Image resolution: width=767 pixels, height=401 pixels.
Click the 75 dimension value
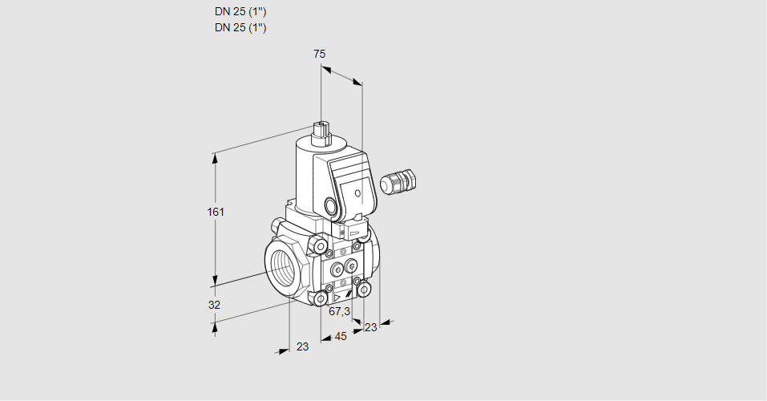pyautogui.click(x=319, y=54)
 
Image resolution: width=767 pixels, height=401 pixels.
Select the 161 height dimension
pyautogui.click(x=216, y=212)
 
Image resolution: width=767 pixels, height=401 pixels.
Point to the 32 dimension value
pyautogui.click(x=214, y=305)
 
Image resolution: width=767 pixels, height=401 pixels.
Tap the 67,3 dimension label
pyautogui.click(x=340, y=311)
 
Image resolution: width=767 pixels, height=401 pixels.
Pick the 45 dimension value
pyautogui.click(x=341, y=336)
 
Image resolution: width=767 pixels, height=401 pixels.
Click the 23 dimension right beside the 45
pyautogui.click(x=370, y=326)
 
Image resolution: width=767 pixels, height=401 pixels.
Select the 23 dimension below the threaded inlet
pyautogui.click(x=302, y=346)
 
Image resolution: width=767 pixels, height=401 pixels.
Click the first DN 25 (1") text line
pyautogui.click(x=240, y=12)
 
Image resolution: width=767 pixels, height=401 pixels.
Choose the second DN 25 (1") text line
pyautogui.click(x=240, y=27)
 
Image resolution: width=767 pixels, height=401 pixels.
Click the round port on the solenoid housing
pyautogui.click(x=332, y=205)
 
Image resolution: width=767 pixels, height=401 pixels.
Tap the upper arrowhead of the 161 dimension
pyautogui.click(x=215, y=157)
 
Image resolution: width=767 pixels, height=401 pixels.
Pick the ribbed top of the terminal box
pyautogui.click(x=349, y=168)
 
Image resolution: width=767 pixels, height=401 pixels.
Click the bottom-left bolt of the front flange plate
pyautogui.click(x=321, y=299)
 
